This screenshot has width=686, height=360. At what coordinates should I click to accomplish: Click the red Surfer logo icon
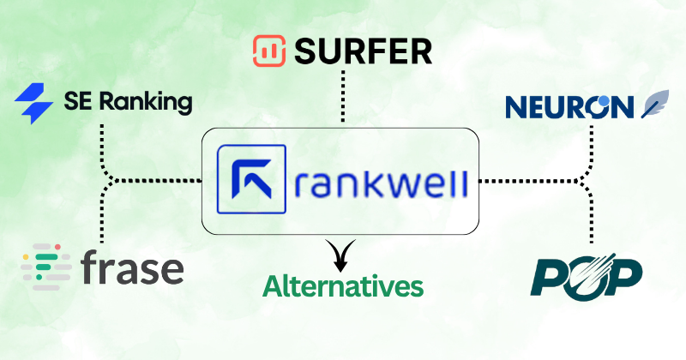click(x=270, y=51)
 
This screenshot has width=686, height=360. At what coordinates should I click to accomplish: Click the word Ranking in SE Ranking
click(x=141, y=104)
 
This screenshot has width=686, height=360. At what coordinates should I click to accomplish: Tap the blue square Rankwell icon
click(x=253, y=179)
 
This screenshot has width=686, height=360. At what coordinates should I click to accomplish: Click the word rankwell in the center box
click(x=374, y=181)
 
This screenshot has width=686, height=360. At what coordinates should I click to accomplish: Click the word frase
click(x=133, y=268)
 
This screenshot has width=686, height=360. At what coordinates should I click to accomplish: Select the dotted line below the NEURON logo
click(x=591, y=146)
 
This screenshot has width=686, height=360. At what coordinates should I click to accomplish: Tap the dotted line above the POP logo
click(x=591, y=219)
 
